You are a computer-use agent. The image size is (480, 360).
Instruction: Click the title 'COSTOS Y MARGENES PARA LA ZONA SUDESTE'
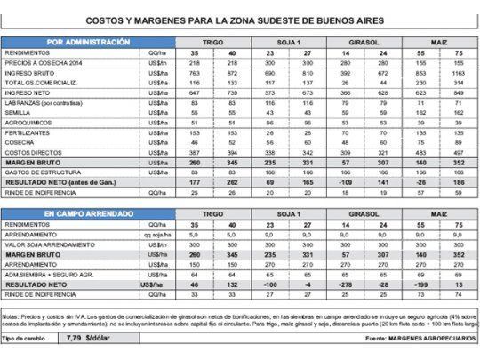pos(239,19)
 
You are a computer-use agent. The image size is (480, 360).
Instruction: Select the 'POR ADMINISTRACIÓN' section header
pos(88,42)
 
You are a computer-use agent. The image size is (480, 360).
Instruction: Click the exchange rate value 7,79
pos(74,339)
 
